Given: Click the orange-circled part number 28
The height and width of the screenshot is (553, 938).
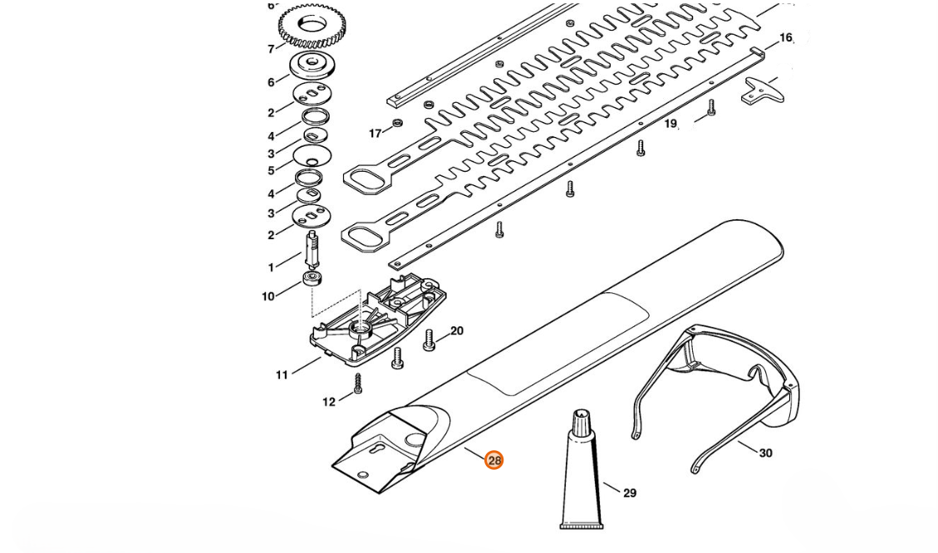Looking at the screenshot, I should point(494,460).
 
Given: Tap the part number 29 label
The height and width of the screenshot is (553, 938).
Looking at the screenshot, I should point(629,493).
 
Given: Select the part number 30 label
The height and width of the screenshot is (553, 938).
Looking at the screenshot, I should point(765,453).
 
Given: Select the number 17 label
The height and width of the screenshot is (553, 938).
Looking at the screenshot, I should point(376,133).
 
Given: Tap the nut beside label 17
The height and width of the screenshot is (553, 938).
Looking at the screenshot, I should point(397,124).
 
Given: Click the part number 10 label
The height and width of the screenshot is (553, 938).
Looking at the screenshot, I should point(268,296).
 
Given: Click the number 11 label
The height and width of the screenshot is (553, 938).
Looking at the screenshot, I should point(282,375).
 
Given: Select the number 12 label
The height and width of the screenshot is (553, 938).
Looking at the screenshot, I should point(329,402).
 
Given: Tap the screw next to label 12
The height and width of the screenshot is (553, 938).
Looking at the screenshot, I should point(357,383).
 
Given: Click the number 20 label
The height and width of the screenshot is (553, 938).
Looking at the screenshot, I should point(456,331).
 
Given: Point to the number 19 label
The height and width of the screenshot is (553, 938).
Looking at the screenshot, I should point(670,124).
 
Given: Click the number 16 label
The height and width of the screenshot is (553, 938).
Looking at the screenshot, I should point(785,38).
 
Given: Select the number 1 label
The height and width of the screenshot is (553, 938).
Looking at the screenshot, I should point(271,267).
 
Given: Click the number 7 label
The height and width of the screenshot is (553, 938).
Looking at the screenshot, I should point(271,49).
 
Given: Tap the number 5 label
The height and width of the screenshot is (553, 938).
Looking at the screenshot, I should point(271,171).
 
